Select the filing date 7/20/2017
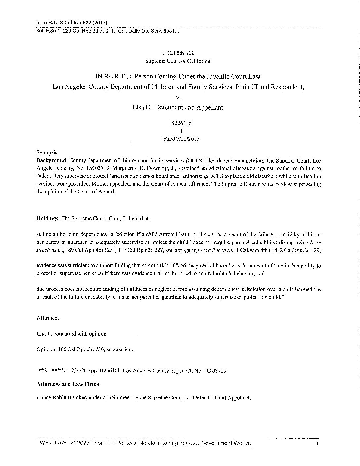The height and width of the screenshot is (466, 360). click(187, 139)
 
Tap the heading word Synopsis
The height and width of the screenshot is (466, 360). click(47, 153)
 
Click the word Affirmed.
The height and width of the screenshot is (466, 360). click(48, 318)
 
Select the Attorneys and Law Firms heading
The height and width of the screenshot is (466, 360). click(68, 384)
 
